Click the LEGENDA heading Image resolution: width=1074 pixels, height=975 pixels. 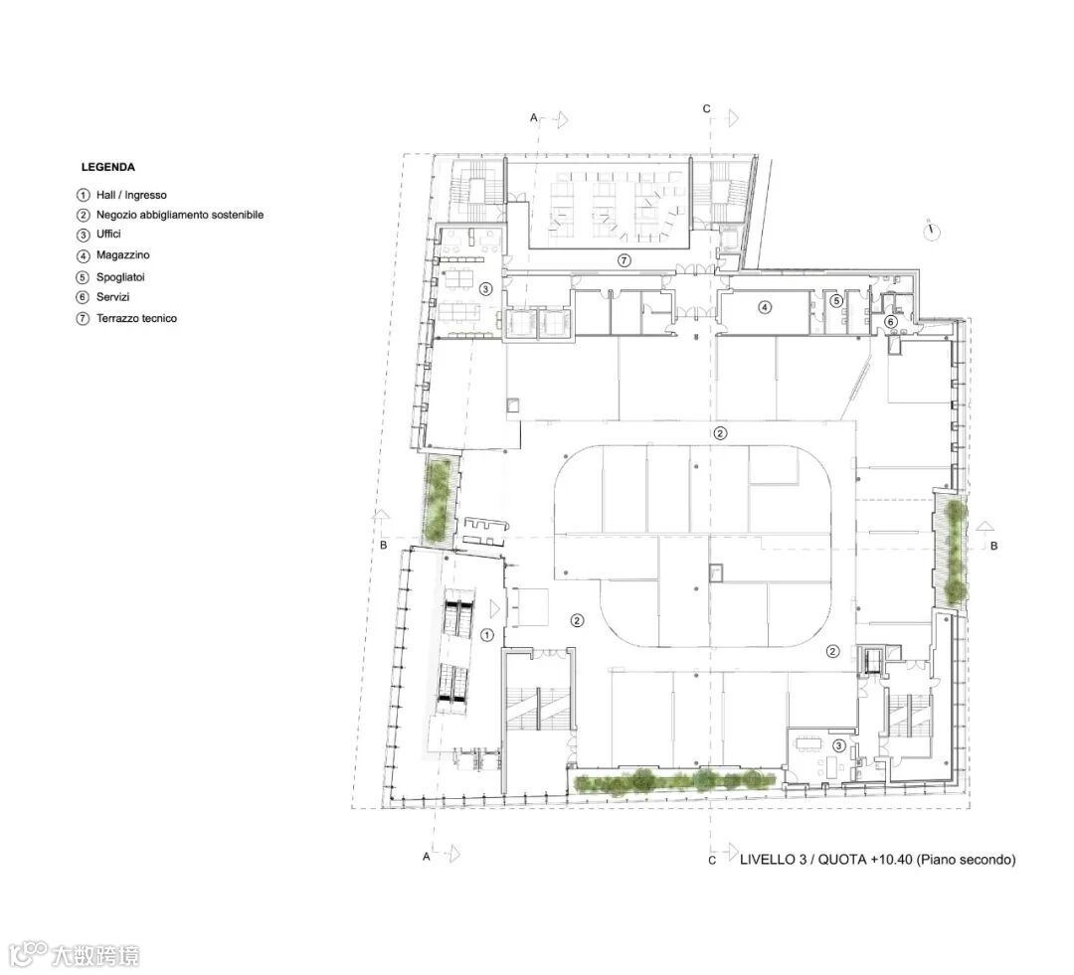coord(107,167)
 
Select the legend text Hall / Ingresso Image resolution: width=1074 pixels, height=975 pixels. coord(131,195)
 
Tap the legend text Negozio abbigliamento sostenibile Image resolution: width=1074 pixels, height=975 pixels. coord(180,215)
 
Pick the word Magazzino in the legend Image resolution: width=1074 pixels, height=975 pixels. coord(122,254)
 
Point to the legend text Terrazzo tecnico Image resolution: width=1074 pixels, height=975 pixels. coord(136,318)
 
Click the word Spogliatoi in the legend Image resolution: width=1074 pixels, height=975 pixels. coord(120,277)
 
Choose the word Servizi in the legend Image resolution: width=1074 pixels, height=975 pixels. coord(113,297)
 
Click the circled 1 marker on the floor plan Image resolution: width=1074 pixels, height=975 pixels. coord(487,635)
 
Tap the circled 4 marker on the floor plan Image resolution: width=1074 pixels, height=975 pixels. coord(765,307)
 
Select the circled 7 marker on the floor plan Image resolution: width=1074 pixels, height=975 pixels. coord(624,260)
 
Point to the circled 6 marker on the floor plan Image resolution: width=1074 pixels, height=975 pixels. coord(890,321)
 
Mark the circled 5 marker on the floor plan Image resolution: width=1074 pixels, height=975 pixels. coord(835,300)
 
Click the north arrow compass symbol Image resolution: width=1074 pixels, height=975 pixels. coord(932,232)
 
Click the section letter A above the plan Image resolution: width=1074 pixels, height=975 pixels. coord(534,117)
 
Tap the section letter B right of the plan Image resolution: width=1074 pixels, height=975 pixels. coord(993,546)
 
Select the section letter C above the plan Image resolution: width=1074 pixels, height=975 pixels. coord(707,109)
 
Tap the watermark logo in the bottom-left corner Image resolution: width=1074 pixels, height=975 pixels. coord(72,954)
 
